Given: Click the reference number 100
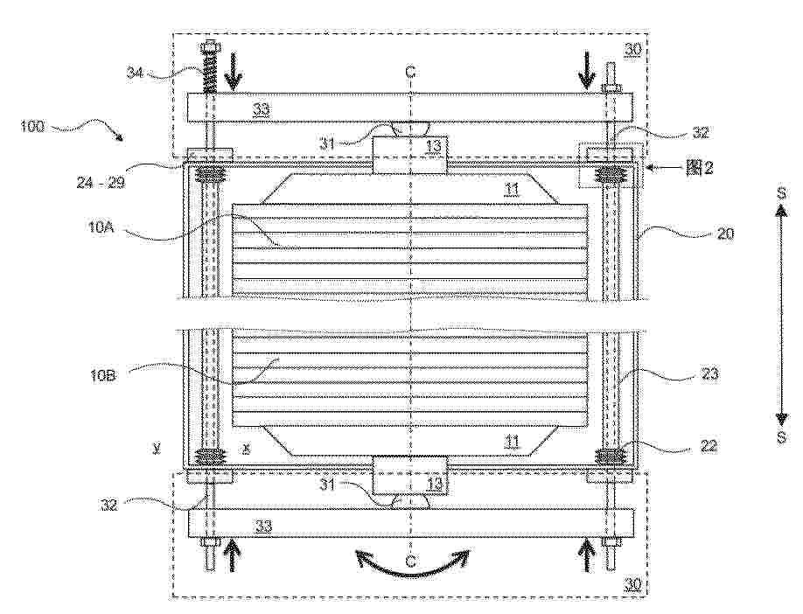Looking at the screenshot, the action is (32, 125).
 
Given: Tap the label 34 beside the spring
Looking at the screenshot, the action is (136, 73).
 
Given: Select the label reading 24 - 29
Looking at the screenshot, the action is (101, 182).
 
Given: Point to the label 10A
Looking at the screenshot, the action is (101, 227).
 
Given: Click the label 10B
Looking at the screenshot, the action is (103, 375).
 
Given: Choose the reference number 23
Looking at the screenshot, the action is (709, 374).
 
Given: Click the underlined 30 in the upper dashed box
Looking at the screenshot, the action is (632, 50).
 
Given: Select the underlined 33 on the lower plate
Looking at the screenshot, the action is (264, 526).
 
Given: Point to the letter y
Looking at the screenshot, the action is (157, 449).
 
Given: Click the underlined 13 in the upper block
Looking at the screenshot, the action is (433, 147).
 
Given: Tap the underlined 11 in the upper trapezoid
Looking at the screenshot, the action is (512, 190).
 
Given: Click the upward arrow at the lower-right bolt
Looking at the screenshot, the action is (586, 557).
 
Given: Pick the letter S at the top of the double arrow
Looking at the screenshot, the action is (781, 193).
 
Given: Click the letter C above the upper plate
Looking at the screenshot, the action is (410, 73).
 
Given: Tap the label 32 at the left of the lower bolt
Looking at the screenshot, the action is (109, 505).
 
